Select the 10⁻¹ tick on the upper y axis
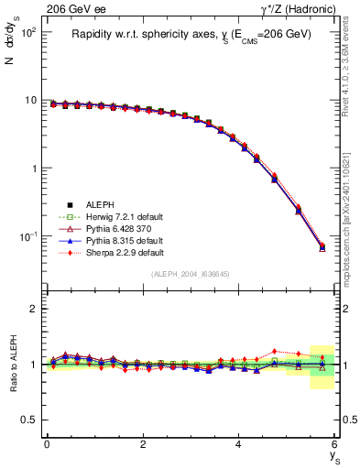[x=27, y=237]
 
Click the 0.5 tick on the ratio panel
[x=29, y=420]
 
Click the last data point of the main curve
[x=322, y=246]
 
